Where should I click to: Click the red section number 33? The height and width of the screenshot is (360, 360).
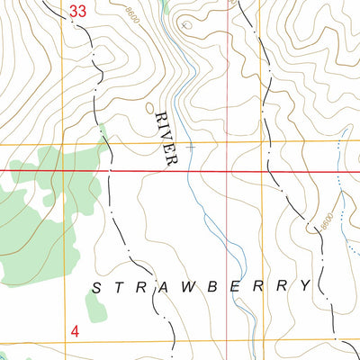click(78, 12)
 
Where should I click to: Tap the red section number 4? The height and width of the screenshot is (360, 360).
click(75, 332)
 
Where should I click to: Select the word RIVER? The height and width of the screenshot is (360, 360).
click(167, 138)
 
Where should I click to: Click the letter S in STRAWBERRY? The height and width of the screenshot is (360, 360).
click(96, 287)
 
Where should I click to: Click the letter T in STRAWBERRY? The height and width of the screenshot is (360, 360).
click(118, 287)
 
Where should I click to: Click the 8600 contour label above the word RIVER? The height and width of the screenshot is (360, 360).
click(134, 15)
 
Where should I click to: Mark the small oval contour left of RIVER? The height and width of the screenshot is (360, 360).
click(150, 108)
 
